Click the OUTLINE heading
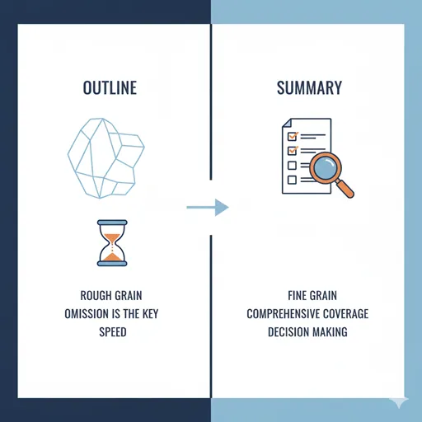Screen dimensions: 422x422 [110, 88]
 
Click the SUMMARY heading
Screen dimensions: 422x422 [309, 88]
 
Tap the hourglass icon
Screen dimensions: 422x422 [112, 243]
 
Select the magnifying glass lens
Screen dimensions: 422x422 [326, 167]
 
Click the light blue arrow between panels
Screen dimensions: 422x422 [208, 208]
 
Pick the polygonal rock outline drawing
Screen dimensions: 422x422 [106, 158]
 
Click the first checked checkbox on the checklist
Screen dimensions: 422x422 [293, 136]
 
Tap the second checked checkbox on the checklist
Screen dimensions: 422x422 [293, 151]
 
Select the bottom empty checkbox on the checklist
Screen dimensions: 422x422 [292, 180]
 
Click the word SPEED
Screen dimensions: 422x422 [113, 332]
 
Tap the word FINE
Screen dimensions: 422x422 [297, 296]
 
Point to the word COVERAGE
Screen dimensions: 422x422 [345, 314]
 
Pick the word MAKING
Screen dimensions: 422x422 [330, 332]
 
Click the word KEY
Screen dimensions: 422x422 [150, 314]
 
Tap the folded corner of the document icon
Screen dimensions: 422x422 [287, 123]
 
